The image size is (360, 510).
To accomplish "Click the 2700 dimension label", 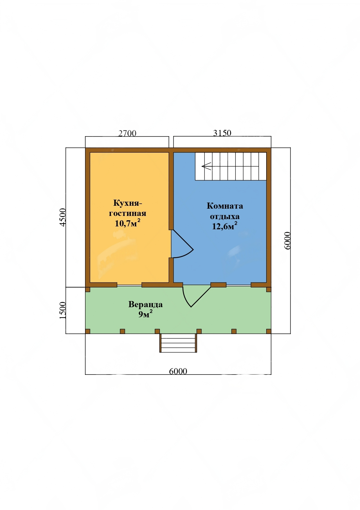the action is coord(127,133).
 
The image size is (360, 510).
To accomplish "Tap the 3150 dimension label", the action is coord(222,133).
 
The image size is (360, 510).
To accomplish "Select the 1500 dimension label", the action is coord(63,310).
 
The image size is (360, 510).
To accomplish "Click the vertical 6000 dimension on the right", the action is coord(287,241).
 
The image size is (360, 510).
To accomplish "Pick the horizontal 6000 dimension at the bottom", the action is coord(178,371).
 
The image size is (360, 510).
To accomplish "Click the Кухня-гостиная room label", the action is coord(127,208).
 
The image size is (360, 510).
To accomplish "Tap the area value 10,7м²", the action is coord(127,223).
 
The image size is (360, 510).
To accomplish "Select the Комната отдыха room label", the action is coord(225,211).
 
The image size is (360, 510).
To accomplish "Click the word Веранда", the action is coord(145,305).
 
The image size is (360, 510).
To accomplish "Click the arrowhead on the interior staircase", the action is coord(206,167).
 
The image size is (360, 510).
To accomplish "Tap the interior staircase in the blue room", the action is coord(231,166).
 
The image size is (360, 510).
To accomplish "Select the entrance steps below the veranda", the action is coord(178,343).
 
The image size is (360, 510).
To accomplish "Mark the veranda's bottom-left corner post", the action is coord(88,331).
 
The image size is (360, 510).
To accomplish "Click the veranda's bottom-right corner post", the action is coord(269,331).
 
